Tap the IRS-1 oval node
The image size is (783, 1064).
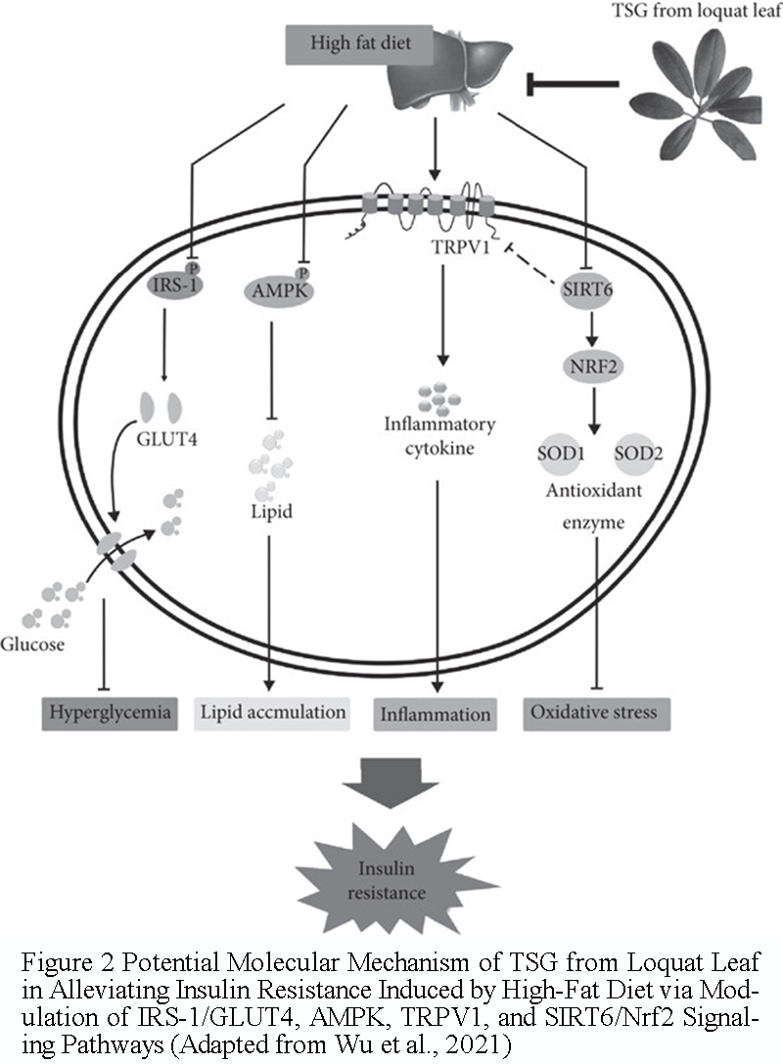point(174,284)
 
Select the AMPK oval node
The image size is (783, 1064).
point(279,291)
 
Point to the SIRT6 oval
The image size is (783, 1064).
point(587,289)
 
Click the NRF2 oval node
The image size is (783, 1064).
point(593,367)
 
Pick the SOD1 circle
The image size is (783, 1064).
point(561,453)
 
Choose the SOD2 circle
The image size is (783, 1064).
point(638,453)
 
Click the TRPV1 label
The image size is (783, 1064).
point(460,247)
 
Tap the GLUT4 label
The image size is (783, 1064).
point(167,439)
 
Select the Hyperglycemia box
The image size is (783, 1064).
point(110,714)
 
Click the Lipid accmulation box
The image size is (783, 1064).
point(272,714)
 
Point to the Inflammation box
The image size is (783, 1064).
point(436,715)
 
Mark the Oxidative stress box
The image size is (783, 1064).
point(597,714)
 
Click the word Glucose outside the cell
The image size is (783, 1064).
point(32,643)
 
